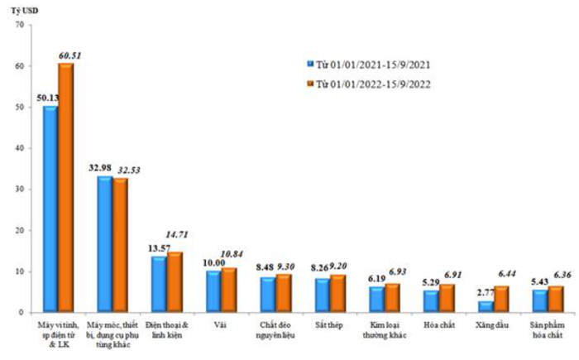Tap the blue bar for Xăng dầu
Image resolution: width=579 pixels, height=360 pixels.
coord(486,306)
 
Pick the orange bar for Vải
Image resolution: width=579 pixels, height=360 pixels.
coord(228,290)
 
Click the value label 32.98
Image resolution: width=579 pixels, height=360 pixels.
coord(102,168)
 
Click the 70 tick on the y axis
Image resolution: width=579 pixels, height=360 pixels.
coord(18,25)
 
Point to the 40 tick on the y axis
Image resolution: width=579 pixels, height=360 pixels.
coord(18,148)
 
